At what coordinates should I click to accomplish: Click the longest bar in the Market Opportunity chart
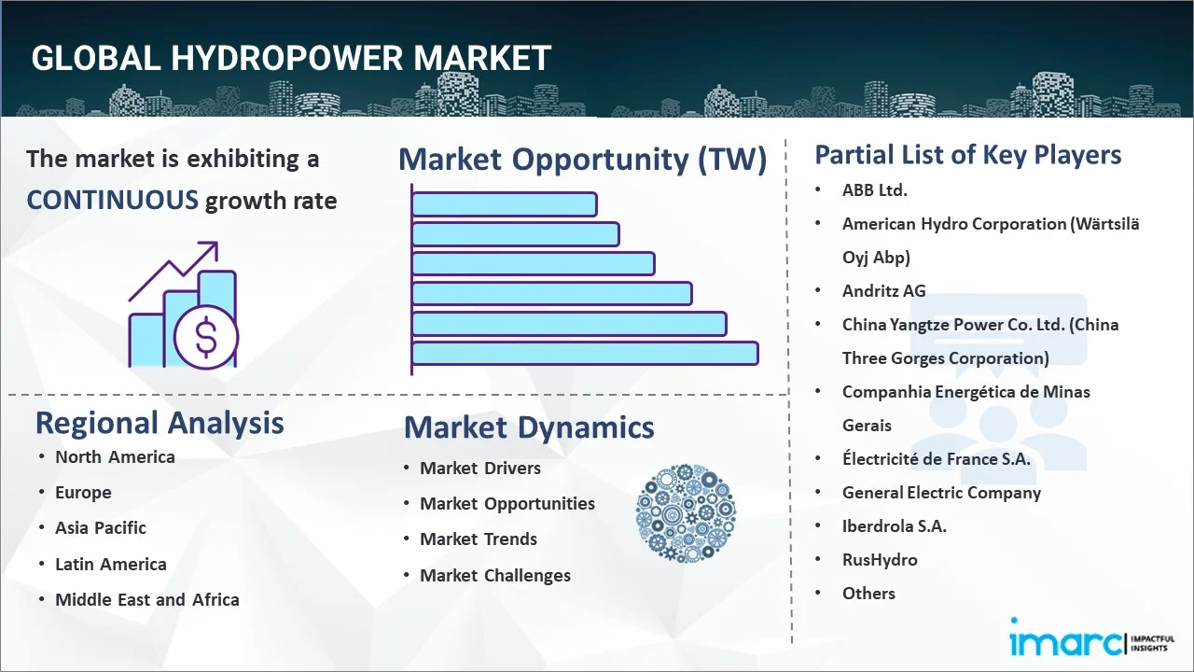585,354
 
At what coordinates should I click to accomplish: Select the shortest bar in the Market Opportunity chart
505,204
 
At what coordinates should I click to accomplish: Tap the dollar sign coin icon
206,337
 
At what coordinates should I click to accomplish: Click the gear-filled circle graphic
686,513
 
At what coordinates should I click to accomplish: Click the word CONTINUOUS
113,201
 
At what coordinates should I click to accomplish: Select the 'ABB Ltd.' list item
875,189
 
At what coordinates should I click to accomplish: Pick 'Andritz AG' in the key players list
883,290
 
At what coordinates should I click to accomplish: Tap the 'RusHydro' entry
880,559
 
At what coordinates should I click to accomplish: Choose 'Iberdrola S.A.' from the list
895,525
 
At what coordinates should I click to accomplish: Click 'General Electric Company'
941,493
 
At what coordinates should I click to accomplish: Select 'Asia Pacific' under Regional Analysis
101,527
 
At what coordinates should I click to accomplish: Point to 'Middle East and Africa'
147,599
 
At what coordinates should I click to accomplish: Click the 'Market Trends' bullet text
479,539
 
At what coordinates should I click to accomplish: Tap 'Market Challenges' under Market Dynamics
495,576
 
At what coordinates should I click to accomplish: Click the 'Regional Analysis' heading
160,423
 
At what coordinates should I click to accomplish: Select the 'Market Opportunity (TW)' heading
583,159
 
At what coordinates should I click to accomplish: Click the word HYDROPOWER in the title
286,58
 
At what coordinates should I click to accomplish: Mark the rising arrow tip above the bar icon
216,244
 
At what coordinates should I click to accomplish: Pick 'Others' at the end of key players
868,593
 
